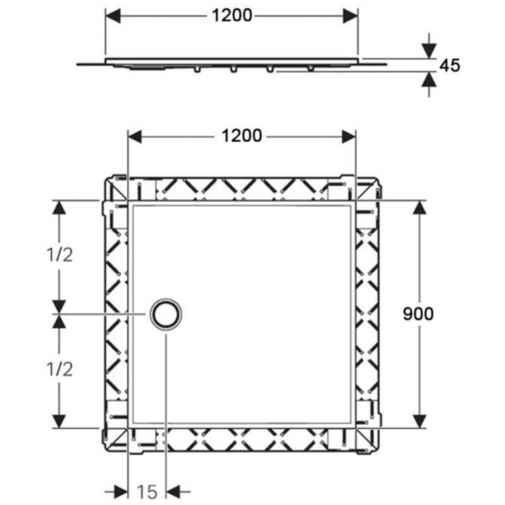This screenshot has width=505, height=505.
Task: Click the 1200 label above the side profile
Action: click(232, 15)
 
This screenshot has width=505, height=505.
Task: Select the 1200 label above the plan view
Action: click(242, 136)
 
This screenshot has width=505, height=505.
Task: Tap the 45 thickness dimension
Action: click(449, 66)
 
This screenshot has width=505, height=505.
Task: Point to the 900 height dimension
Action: click(418, 313)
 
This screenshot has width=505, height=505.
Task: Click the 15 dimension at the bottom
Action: click(146, 492)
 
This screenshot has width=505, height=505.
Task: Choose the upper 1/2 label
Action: click(61, 254)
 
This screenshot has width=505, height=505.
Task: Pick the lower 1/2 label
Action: click(61, 369)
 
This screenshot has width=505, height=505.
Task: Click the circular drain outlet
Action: click(166, 314)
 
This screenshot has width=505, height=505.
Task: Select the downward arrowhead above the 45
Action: click(429, 50)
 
